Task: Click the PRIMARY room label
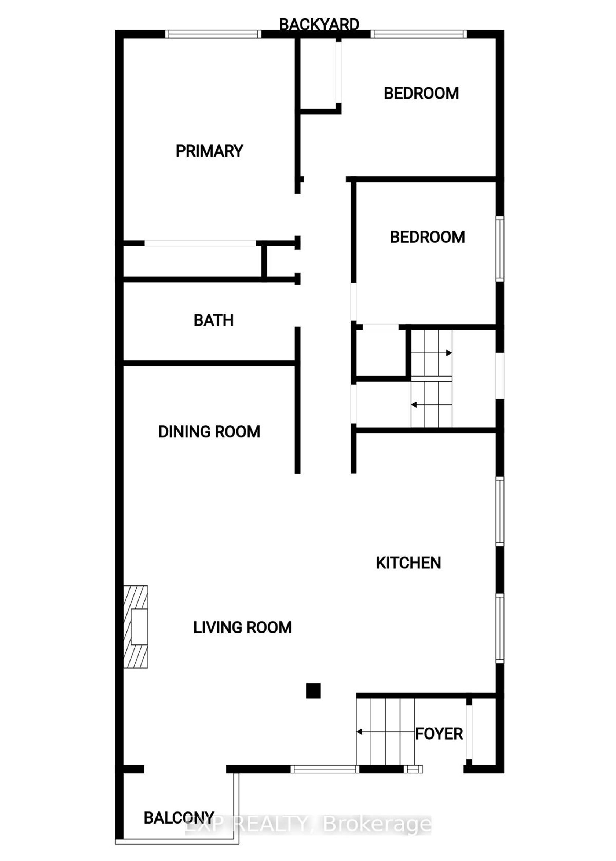point(209,151)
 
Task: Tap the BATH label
point(213,320)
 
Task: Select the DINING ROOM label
point(209,432)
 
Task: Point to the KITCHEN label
point(408,563)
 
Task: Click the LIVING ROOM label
point(242,627)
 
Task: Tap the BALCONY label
point(179,818)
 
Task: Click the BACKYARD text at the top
point(319,24)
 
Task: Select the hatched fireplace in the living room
point(135,627)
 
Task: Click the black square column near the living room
point(313,691)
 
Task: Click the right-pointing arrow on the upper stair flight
point(432,353)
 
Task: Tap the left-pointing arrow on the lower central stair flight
point(432,405)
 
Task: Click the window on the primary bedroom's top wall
point(213,34)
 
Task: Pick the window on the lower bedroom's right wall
point(500,249)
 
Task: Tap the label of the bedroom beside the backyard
point(421,93)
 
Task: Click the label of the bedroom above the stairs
point(427,237)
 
